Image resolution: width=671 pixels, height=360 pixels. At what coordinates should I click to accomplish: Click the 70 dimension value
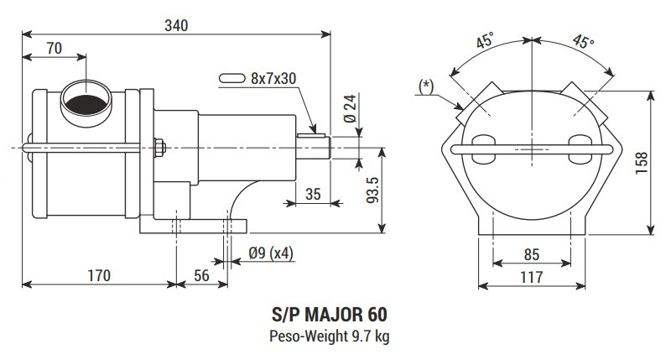[x=53, y=49]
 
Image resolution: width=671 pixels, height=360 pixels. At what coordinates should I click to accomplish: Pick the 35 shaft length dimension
[x=314, y=195]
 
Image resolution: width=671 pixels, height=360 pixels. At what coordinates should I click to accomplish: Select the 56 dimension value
[x=201, y=274]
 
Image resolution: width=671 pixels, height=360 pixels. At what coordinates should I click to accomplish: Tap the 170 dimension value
[x=99, y=274]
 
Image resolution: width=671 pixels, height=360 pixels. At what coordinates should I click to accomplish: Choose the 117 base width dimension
[x=532, y=275]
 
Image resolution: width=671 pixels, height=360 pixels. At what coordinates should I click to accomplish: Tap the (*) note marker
[x=426, y=86]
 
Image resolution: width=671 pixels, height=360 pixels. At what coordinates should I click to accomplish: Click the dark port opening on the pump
[x=86, y=104]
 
